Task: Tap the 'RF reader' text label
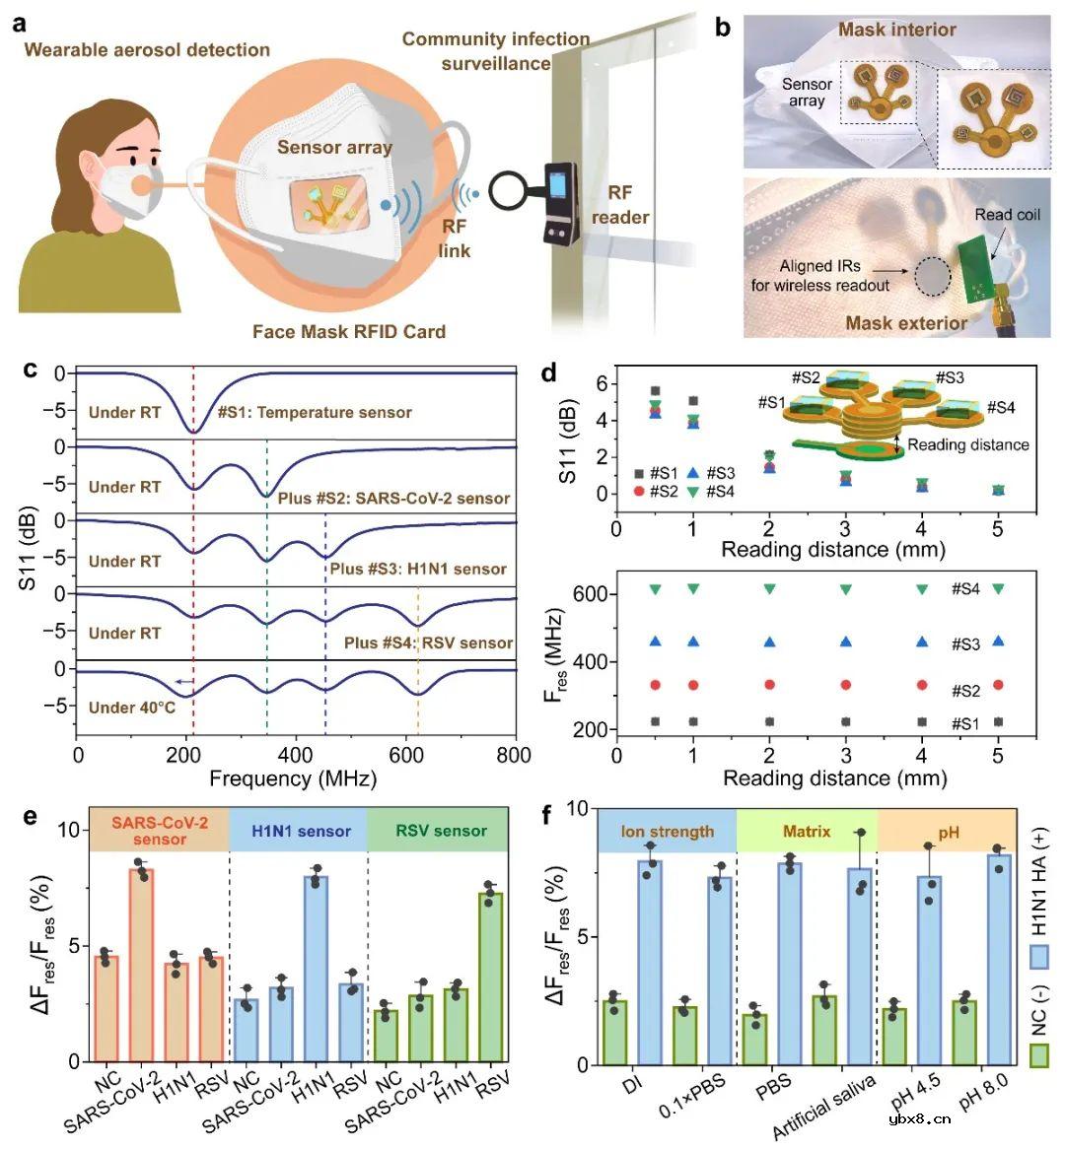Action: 620,205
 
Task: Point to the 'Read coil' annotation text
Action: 1007,215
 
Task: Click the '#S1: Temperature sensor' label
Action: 315,412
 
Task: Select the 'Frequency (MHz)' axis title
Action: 293,778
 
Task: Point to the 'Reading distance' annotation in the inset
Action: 967,444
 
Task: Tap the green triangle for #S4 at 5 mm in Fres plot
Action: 998,589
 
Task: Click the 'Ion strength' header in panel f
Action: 667,831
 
